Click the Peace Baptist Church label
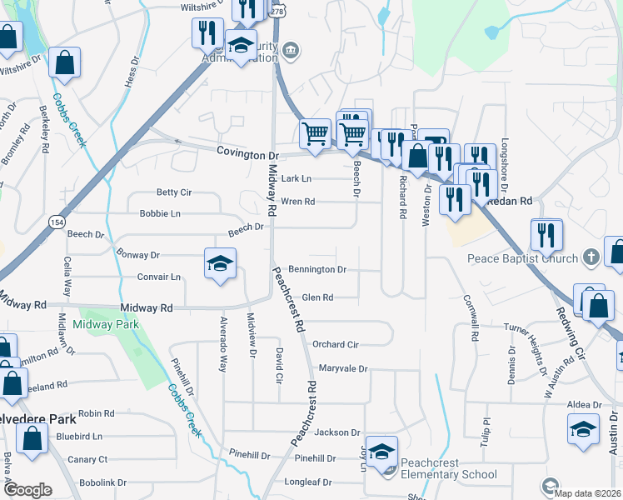point(522,257)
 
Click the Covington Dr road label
point(247,154)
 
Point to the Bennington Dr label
point(316,270)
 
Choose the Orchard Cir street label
point(335,344)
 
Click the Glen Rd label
point(317,297)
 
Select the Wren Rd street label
point(297,202)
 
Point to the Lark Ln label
point(296,178)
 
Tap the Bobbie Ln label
point(160,213)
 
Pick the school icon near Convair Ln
point(220,263)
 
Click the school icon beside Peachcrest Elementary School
point(382,452)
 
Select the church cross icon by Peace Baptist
point(591,257)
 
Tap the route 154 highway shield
point(57,222)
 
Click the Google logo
point(27,490)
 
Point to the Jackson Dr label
point(337,432)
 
